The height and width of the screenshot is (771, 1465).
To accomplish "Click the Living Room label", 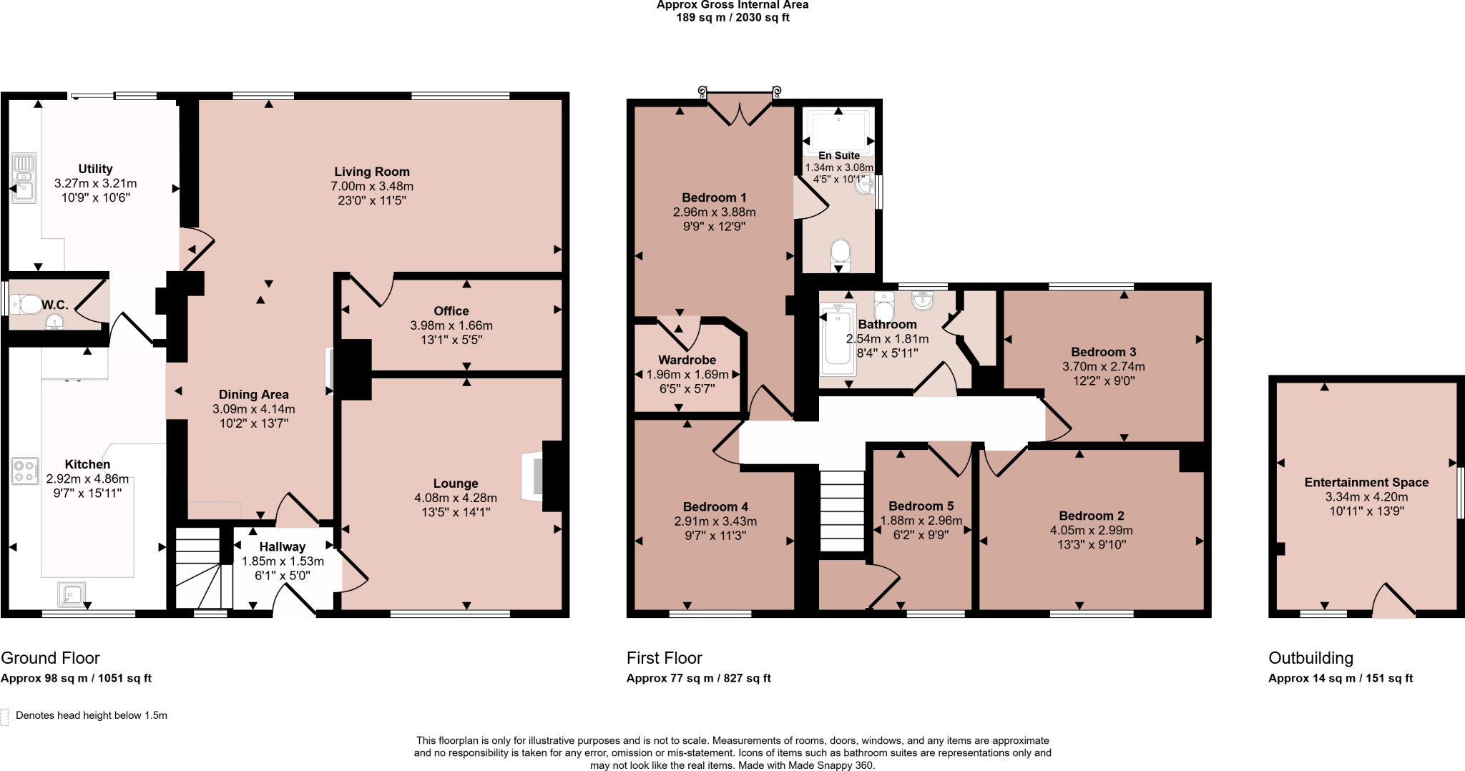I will [371, 172].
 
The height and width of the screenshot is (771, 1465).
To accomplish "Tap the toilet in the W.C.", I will [26, 305].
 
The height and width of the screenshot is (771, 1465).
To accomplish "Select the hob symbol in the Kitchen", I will [24, 471].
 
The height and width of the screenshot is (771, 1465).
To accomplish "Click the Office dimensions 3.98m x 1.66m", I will [451, 325].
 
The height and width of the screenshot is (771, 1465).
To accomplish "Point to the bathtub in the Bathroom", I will [837, 340].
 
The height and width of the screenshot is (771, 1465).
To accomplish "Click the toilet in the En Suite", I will [841, 253].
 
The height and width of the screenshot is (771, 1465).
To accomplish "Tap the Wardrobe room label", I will [687, 360].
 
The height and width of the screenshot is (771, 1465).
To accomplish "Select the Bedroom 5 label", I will [921, 506].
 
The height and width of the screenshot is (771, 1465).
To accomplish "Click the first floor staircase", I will [842, 511].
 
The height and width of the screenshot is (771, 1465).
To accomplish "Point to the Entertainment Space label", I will [1366, 483].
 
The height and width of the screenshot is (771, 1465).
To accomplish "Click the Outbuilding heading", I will [1310, 658].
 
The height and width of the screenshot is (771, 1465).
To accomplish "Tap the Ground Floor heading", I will [50, 658].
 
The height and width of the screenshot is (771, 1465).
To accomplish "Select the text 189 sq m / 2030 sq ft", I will [732, 17].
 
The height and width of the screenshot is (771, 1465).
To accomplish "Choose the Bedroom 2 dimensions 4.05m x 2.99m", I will [1086, 530].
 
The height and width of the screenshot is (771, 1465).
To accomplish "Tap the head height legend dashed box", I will [4, 717].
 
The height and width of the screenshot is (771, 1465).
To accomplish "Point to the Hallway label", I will [282, 547].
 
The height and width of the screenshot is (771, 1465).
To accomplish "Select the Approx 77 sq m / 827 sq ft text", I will [698, 678].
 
